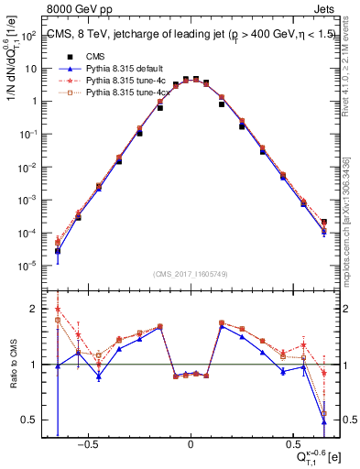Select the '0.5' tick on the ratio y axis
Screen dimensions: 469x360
click(29, 420)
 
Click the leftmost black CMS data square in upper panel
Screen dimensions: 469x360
click(58, 250)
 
